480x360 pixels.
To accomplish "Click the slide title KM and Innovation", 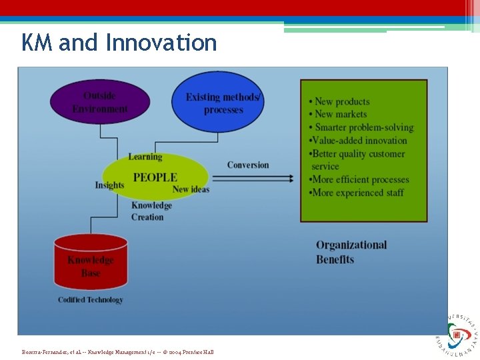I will pos(119,43).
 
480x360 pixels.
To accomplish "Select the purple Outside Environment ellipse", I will pos(100,102).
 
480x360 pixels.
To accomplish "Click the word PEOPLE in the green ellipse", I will pos(155,177).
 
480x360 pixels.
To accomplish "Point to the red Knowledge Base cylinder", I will pos(90,266).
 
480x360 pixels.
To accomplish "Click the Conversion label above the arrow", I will pos(248,165).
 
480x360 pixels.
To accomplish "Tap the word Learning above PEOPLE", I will pos(145,157).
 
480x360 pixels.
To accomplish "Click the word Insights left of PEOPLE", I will pos(109,185).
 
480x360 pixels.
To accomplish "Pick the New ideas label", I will pos(191,189).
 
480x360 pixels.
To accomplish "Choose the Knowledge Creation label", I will pos(151,211).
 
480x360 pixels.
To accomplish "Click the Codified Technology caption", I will pos(91,300).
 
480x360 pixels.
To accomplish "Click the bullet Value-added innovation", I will pos(358,141).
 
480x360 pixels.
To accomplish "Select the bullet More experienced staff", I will pos(357,193).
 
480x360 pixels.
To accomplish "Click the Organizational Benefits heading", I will pos(351,252).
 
